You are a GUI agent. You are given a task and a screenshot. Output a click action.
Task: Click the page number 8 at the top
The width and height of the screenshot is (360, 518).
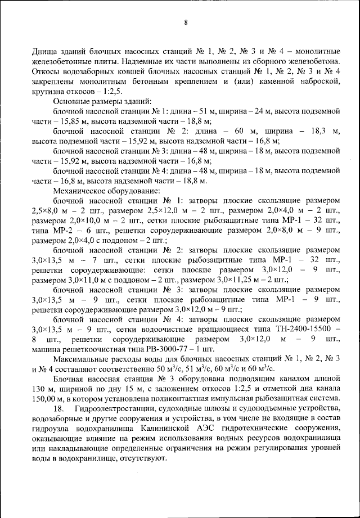(x=185, y=23)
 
